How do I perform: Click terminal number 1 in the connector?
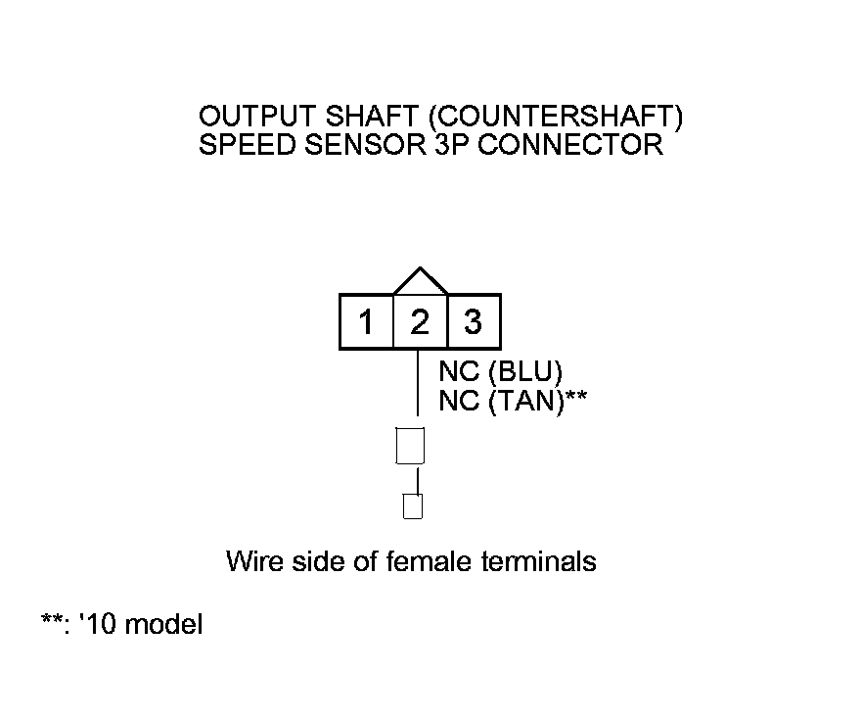coord(366,321)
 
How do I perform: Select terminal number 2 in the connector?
coord(419,321)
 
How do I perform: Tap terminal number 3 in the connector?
coord(473,321)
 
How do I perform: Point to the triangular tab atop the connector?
coord(420,282)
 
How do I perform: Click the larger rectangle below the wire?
coord(409,446)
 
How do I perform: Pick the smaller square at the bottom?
coord(413,506)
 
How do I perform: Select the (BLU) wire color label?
coord(525,372)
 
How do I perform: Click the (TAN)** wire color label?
coord(536,400)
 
